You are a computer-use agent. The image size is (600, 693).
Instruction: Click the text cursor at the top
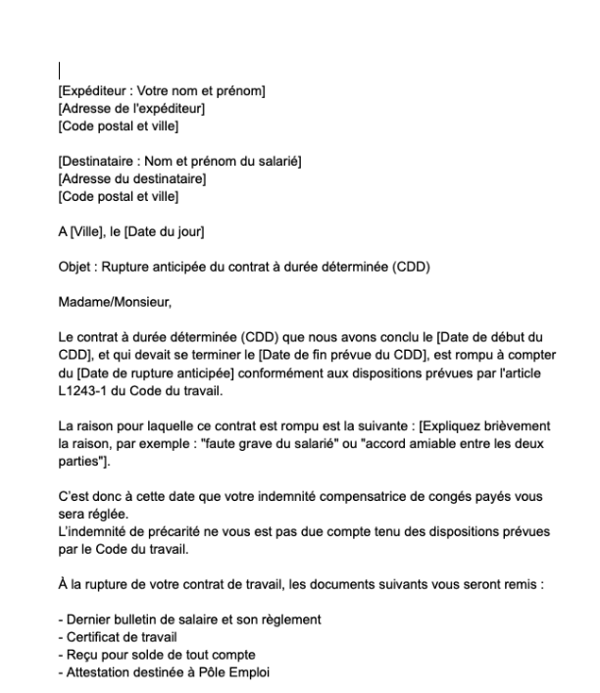tap(60, 71)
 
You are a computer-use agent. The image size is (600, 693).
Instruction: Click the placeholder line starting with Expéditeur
tap(163, 92)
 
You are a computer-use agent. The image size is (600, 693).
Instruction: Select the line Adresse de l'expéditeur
tap(131, 108)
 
